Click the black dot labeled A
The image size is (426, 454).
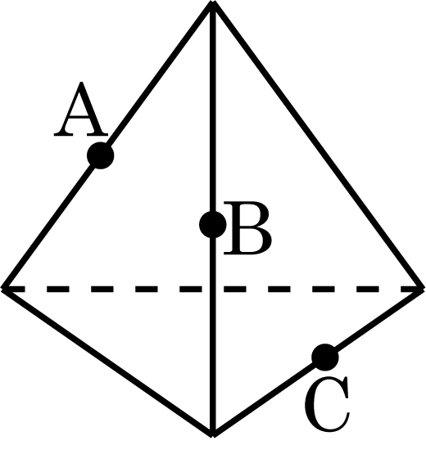100,155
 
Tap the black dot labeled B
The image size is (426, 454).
213,224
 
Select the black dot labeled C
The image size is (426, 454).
324,357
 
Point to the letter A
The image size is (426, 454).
81,109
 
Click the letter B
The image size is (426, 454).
247,229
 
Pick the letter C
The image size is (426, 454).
327,404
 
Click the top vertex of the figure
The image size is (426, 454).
213,2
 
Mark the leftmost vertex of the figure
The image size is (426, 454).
2,289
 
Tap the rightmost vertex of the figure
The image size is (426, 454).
423,289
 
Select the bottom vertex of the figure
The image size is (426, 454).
213,435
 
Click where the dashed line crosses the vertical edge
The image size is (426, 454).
213,289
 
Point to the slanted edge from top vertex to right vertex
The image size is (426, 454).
318,146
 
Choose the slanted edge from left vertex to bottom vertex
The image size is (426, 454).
107,362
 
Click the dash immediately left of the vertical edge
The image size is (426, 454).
191,289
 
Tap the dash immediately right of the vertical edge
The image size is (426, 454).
235,289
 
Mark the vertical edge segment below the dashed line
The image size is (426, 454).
213,362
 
